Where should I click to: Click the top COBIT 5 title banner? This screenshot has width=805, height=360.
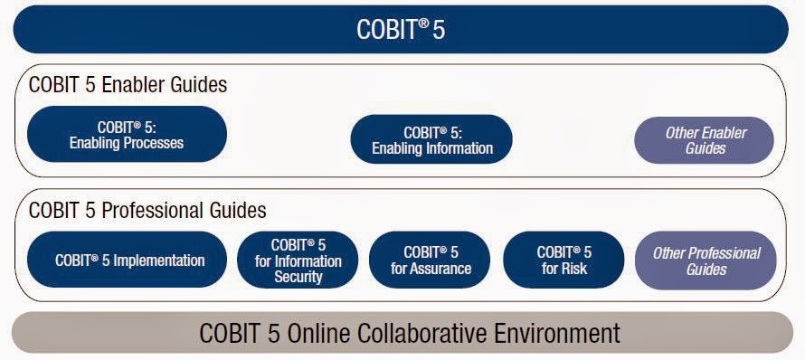[402, 29]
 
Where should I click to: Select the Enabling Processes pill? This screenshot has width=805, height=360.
[127, 136]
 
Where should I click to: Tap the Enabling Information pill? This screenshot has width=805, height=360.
[432, 140]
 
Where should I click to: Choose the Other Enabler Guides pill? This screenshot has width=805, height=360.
[706, 140]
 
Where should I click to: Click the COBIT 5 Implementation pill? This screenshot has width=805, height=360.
[128, 261]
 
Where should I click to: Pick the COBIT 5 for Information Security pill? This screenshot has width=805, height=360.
[298, 261]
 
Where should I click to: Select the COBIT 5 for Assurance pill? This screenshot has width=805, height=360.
[431, 261]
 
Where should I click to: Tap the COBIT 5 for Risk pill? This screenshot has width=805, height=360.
[563, 261]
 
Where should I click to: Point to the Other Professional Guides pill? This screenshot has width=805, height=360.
[706, 261]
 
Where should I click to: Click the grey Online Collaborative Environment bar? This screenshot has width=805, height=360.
[402, 333]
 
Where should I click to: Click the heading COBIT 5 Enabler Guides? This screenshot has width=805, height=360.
[128, 86]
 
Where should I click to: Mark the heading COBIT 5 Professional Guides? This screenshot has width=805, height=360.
[147, 211]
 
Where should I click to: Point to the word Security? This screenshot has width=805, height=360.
[298, 277]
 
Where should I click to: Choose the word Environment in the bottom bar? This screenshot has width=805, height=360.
[558, 333]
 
